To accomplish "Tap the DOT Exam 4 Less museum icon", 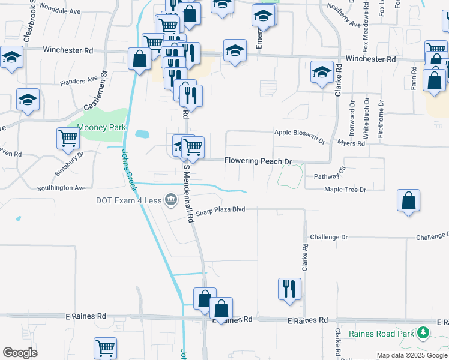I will [171, 200].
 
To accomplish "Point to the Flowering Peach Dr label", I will [258, 161].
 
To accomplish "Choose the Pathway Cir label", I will [331, 177].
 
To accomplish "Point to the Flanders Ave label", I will [78, 80].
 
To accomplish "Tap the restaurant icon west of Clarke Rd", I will [289, 289].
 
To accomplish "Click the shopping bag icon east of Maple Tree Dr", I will [408, 201].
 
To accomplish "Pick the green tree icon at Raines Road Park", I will [423, 332].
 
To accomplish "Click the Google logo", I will [20, 353].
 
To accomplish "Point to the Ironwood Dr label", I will [352, 119].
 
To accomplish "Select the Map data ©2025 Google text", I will [411, 355].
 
